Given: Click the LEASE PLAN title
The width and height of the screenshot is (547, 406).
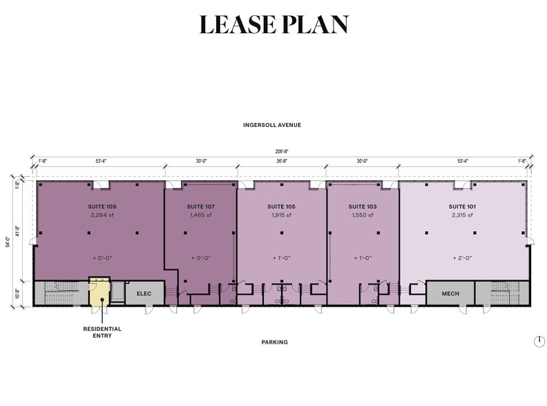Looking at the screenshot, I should tap(273, 25).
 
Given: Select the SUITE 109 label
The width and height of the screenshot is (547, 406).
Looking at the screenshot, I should tap(102, 206).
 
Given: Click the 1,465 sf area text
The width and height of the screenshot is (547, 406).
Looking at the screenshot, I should tap(200, 215).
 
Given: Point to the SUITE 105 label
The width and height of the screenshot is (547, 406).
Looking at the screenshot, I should tap(281, 206).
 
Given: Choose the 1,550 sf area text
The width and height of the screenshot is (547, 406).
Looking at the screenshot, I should tap(362, 215).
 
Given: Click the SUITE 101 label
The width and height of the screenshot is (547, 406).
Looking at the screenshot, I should tap(462, 206).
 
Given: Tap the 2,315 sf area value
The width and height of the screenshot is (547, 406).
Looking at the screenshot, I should tap(462, 215).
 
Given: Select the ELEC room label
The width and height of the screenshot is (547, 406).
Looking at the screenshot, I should tap(144, 293).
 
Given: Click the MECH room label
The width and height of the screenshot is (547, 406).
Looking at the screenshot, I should tap(450, 293).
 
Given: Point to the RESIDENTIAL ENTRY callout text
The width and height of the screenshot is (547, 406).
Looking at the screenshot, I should tap(103, 332).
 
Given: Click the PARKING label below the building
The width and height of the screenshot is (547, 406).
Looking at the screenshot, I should tap(274, 342).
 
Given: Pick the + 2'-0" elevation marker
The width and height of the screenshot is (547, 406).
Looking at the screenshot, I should tap(462, 258).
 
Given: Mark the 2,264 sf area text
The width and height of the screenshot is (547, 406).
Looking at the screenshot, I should tap(102, 215).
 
